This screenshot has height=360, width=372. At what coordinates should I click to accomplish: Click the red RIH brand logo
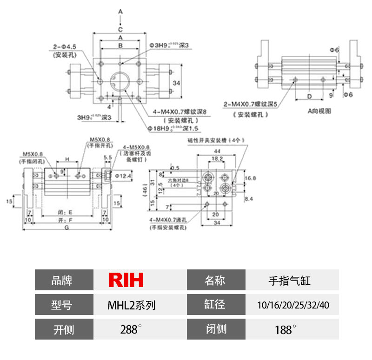click(126, 280)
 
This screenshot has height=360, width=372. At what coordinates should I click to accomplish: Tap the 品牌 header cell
click(62, 281)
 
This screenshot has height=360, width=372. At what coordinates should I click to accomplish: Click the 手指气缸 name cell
click(290, 281)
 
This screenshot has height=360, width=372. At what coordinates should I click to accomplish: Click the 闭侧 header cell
click(216, 329)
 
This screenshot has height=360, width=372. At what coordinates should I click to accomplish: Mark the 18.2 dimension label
click(217, 158)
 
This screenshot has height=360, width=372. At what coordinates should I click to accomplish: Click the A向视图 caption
click(319, 111)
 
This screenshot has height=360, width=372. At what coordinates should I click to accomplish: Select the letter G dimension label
click(67, 227)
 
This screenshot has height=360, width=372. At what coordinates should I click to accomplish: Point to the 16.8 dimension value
click(251, 177)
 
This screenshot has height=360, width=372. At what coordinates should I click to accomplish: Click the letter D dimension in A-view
click(309, 96)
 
